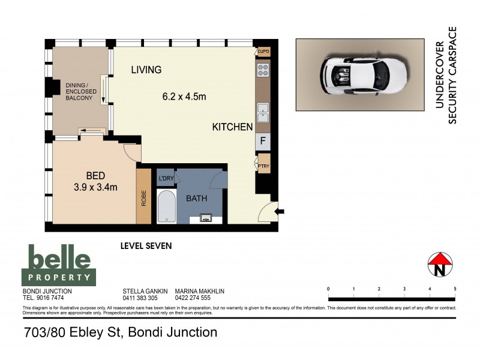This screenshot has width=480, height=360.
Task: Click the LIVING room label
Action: (x=146, y=70)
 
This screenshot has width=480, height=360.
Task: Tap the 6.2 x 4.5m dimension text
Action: (x=184, y=96)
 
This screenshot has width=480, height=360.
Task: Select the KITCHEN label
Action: (x=232, y=127)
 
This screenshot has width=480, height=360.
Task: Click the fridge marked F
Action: (x=262, y=142)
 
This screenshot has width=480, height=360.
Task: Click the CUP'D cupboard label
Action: (x=263, y=52)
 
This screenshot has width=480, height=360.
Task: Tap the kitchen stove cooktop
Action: (x=262, y=71)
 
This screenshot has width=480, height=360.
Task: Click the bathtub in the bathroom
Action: (x=166, y=208)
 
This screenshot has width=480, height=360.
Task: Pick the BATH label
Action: (x=196, y=198)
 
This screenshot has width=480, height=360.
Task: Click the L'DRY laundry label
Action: (x=166, y=179)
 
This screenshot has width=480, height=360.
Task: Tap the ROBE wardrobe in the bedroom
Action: (x=143, y=198)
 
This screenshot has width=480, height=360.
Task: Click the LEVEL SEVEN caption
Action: (x=146, y=245)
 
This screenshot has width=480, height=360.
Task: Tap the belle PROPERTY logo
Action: (x=59, y=265)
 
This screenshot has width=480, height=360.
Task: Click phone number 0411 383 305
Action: (x=140, y=298)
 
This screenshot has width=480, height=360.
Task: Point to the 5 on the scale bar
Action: (x=455, y=289)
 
